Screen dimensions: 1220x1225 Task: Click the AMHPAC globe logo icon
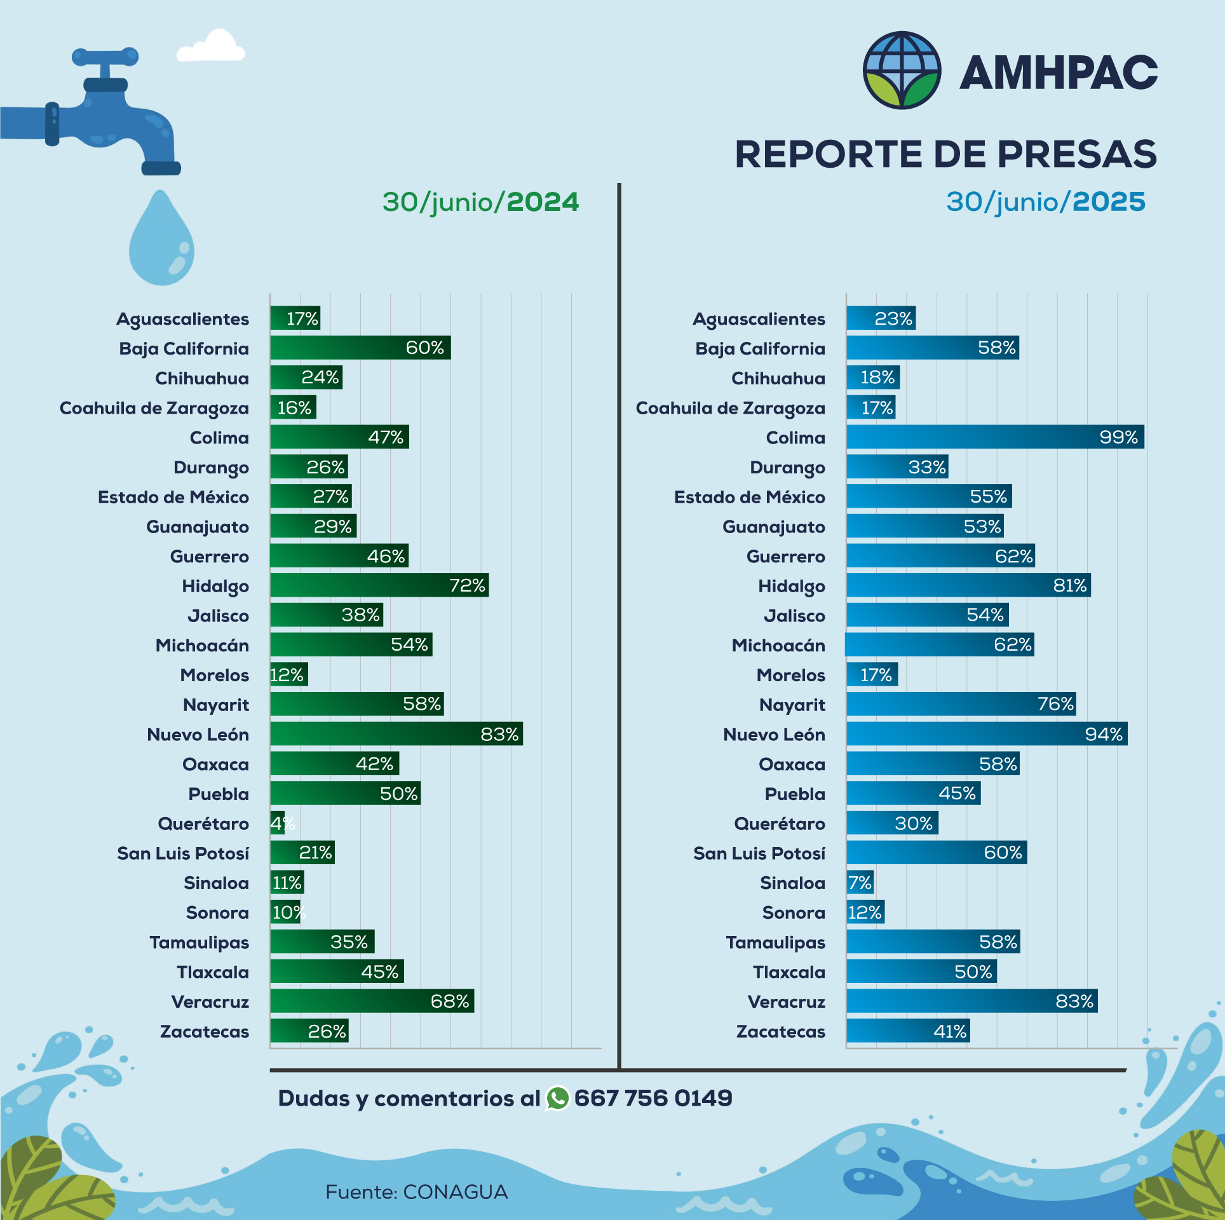(x=901, y=71)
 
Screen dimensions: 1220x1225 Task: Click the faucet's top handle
(x=105, y=57)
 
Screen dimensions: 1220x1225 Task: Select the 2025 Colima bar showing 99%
(x=994, y=437)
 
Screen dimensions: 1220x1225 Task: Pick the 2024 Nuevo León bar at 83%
(x=396, y=734)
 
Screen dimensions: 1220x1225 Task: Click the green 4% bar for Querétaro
(x=276, y=823)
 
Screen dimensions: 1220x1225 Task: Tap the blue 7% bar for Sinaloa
(x=860, y=883)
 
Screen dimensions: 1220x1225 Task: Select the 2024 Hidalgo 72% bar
(x=379, y=585)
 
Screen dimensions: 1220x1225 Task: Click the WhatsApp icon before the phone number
(x=557, y=1099)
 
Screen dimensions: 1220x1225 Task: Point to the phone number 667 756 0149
(x=653, y=1099)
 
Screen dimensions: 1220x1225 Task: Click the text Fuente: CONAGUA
(x=416, y=1192)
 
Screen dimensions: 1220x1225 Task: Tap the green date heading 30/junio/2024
(x=480, y=202)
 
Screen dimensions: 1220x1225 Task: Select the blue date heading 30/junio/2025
(x=1045, y=202)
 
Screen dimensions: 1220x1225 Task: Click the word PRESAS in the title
(x=1076, y=154)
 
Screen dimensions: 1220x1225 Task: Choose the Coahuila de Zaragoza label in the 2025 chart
(x=730, y=408)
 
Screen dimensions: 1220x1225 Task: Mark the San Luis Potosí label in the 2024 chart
(x=183, y=853)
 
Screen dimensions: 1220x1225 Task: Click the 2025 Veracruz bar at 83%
(x=971, y=1001)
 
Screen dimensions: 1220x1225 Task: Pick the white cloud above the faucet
(x=212, y=48)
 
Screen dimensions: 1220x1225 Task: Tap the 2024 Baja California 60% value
(x=424, y=348)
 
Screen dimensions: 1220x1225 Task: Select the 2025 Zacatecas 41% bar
(x=907, y=1031)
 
